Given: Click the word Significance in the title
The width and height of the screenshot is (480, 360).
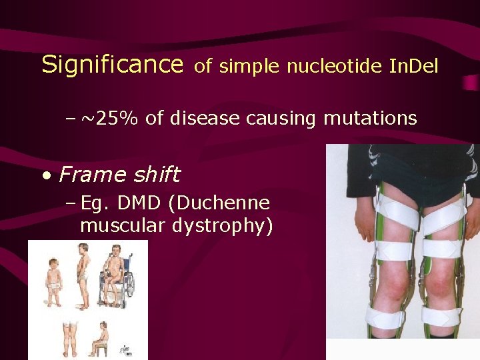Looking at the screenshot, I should [112, 65].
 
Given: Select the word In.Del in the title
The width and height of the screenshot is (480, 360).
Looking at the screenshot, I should [409, 66].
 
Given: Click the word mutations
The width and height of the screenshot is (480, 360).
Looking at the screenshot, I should [370, 119].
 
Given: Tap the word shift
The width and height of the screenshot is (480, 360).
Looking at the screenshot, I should [155, 175].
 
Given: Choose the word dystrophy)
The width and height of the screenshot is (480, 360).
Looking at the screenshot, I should [223, 227].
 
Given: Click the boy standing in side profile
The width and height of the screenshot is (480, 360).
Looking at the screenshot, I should [83, 273].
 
